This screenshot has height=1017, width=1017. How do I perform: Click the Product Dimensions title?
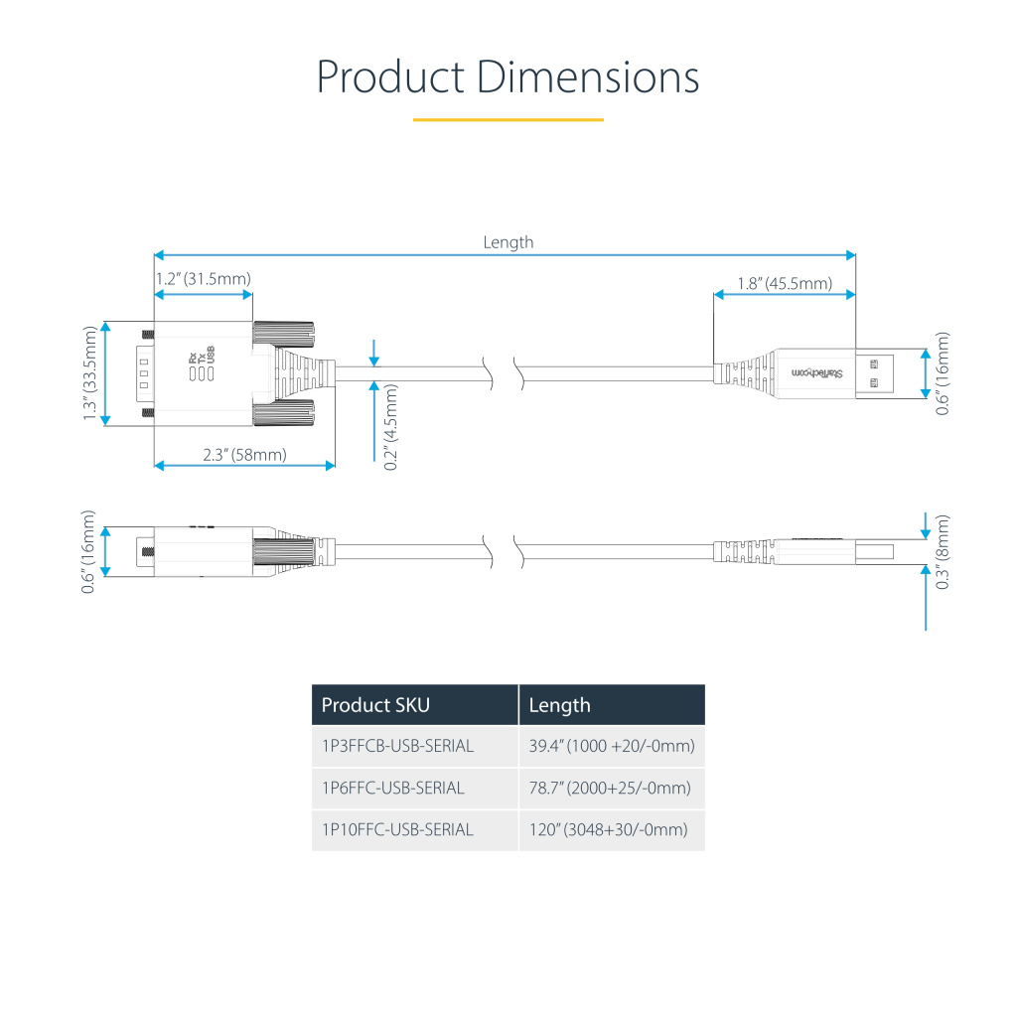click(508, 77)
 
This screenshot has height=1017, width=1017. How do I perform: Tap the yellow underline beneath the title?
click(508, 120)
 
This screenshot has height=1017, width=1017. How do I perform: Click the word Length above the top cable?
click(508, 242)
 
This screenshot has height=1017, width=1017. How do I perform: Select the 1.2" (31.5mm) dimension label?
click(203, 279)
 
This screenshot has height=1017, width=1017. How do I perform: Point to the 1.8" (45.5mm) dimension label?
click(785, 283)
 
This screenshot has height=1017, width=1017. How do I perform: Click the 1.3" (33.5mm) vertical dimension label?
click(90, 373)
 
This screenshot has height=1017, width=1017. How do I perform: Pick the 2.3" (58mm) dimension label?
click(244, 455)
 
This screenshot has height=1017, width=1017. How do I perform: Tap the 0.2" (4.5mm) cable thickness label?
click(390, 427)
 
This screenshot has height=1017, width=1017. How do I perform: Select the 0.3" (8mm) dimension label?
click(943, 552)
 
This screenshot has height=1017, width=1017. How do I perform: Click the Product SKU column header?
click(375, 705)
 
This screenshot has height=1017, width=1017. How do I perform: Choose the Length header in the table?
click(560, 705)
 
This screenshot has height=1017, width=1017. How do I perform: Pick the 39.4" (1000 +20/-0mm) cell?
click(612, 746)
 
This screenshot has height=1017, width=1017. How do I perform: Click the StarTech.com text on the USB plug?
click(817, 373)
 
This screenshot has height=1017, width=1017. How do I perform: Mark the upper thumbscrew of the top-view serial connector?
click(283, 334)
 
